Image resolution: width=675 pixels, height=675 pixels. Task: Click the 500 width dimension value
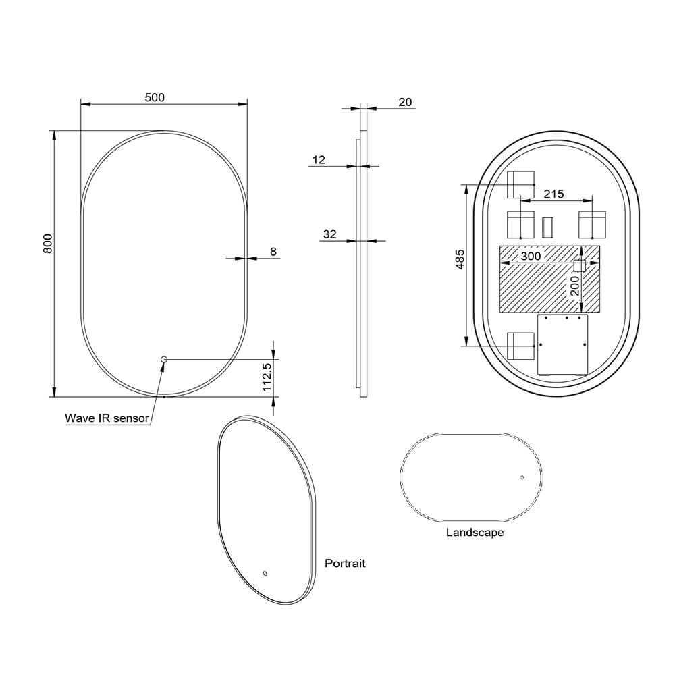click(x=155, y=97)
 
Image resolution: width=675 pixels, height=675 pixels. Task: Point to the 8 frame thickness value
click(x=273, y=252)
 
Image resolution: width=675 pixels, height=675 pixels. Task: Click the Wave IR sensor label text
click(x=106, y=418)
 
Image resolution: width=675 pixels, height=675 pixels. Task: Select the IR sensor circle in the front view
click(x=163, y=360)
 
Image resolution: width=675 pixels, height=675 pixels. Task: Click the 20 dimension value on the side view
click(x=405, y=102)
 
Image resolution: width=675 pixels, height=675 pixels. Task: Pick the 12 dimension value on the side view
click(x=319, y=160)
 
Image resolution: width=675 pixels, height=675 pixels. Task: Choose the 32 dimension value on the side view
click(x=329, y=234)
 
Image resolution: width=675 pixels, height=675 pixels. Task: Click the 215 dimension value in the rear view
click(x=553, y=194)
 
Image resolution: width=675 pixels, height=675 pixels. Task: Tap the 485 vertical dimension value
click(x=460, y=260)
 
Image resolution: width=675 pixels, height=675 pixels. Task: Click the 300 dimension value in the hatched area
click(x=531, y=256)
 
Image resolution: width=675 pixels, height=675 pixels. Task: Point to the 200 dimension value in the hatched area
click(x=575, y=286)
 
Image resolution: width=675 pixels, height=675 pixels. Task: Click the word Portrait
click(x=345, y=563)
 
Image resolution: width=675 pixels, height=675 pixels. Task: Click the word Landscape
click(x=475, y=533)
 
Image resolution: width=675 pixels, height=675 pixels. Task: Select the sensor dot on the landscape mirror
click(x=522, y=477)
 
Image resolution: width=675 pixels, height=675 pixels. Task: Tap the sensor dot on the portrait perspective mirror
click(x=265, y=574)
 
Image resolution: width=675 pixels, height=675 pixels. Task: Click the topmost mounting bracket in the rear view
click(x=520, y=184)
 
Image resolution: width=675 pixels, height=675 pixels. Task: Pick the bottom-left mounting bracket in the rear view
click(x=520, y=345)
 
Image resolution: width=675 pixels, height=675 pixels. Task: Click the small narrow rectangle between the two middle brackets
click(x=547, y=226)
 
